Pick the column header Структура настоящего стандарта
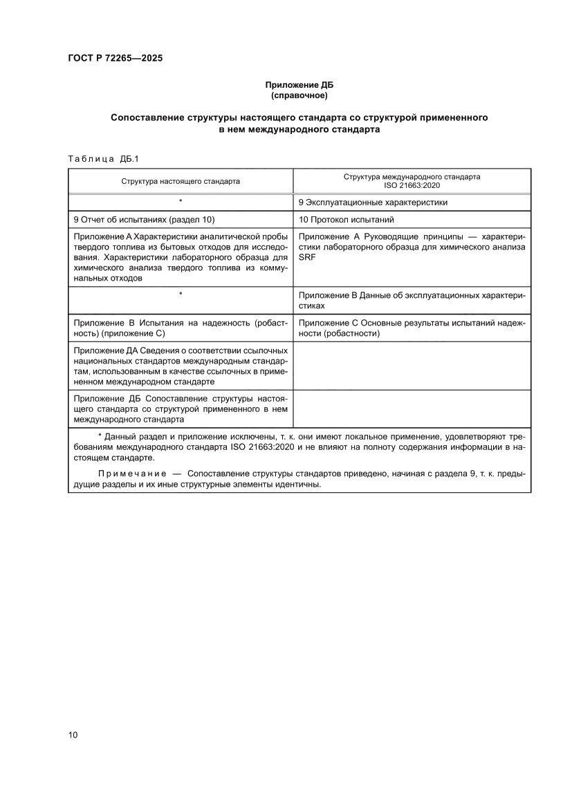(x=181, y=181)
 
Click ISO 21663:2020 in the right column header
(x=412, y=186)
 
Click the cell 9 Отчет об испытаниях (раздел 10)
(x=145, y=220)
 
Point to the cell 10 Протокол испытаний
(x=346, y=220)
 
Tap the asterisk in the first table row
(x=181, y=202)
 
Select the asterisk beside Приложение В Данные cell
(x=181, y=294)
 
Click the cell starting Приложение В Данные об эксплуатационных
(x=412, y=300)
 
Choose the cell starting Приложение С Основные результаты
(x=412, y=328)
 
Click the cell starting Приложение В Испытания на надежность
(x=180, y=328)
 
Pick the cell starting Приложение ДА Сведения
(x=180, y=366)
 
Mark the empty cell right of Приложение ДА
(x=412, y=366)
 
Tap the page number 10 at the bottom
(x=73, y=734)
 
